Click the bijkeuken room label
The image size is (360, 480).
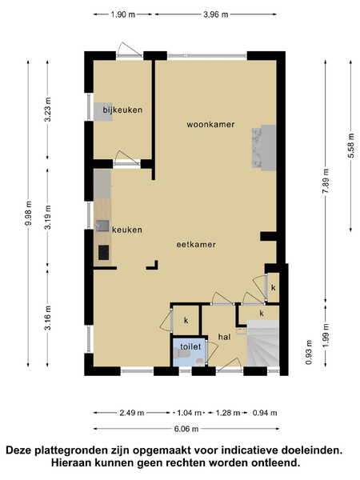pyautogui.click(x=122, y=110)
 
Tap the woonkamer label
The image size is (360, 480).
pyautogui.click(x=210, y=124)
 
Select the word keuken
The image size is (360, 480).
pyautogui.click(x=127, y=230)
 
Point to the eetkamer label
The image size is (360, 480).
pyautogui.click(x=196, y=244)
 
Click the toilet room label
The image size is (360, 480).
pyautogui.click(x=190, y=346)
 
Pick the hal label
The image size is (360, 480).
pyautogui.click(x=224, y=337)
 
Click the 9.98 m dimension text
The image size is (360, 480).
pyautogui.click(x=29, y=213)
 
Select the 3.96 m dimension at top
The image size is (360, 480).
pyautogui.click(x=216, y=14)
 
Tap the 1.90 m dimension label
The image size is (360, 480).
pyautogui.click(x=122, y=14)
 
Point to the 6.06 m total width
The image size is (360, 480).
pyautogui.click(x=186, y=429)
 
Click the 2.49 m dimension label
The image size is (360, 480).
pyautogui.click(x=132, y=413)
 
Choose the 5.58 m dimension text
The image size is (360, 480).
pyautogui.click(x=351, y=146)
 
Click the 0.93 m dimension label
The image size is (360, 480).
pyautogui.click(x=309, y=352)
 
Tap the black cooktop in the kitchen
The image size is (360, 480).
pyautogui.click(x=103, y=253)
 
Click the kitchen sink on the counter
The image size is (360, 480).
pyautogui.click(x=102, y=226)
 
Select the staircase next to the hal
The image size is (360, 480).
pyautogui.click(x=263, y=343)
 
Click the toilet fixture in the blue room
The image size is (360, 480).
pyautogui.click(x=184, y=354)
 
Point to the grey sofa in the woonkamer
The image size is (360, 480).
pyautogui.click(x=264, y=147)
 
